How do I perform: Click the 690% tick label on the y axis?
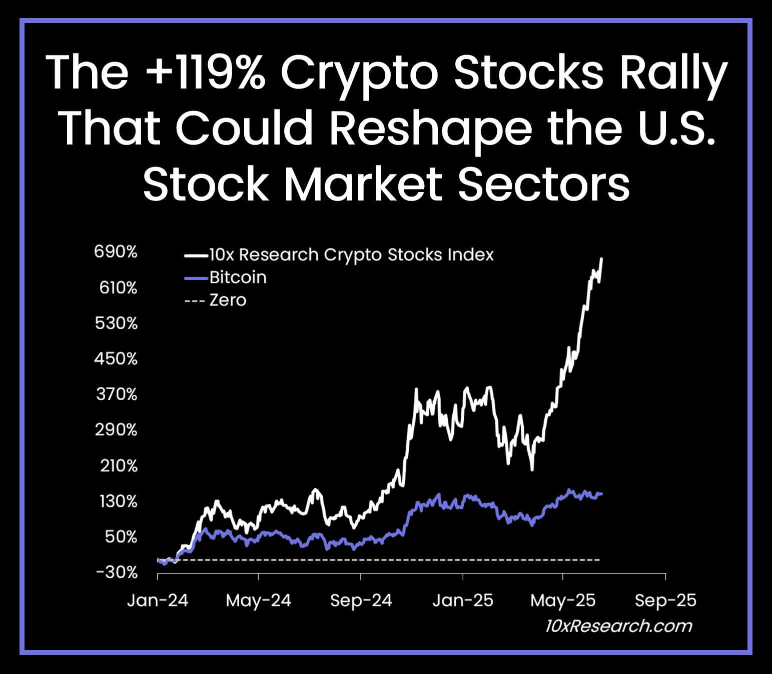tap(116, 252)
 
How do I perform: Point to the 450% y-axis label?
tap(116, 358)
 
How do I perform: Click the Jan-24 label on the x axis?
tap(158, 600)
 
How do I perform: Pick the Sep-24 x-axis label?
tap(361, 600)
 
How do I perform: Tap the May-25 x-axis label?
tap(563, 600)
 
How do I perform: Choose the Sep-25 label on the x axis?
tap(665, 600)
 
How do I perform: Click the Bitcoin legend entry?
tap(238, 277)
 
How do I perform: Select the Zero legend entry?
tap(228, 300)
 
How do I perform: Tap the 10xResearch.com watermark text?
tap(618, 626)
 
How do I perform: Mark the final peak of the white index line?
tap(602, 259)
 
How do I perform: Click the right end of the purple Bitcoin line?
tap(601, 493)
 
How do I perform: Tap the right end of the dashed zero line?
tap(599, 559)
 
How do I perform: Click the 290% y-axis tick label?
tap(116, 429)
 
